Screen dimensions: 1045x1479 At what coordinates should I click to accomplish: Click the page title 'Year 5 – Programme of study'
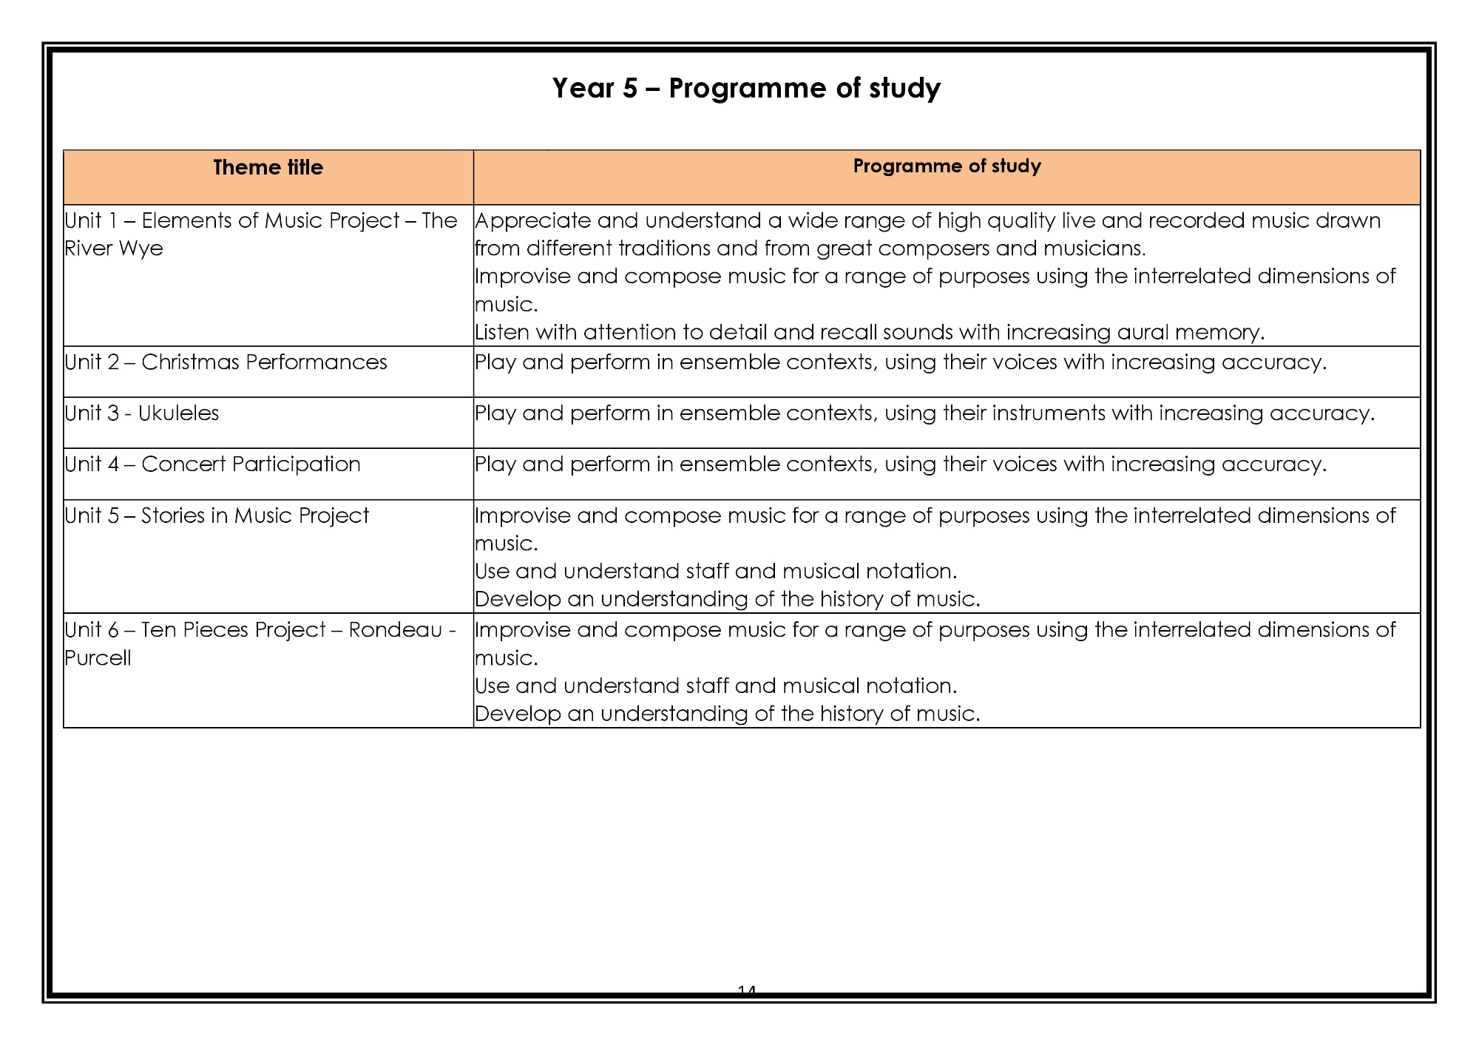746,88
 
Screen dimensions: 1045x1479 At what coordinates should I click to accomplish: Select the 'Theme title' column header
268,168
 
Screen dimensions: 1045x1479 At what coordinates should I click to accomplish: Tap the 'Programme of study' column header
947,166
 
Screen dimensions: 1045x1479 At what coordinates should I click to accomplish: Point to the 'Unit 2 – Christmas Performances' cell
226,362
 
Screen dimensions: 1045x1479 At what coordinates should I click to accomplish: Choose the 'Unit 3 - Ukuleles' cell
142,413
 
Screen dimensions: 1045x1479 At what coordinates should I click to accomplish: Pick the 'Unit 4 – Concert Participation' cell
212,464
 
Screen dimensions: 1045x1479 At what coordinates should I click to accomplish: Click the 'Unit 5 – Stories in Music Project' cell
217,515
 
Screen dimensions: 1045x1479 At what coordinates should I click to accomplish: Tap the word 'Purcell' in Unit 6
98,658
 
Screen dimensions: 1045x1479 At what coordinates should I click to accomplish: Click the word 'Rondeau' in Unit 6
395,630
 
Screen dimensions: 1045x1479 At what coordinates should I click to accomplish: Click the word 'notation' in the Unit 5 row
911,572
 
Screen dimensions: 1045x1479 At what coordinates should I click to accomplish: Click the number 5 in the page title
629,89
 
